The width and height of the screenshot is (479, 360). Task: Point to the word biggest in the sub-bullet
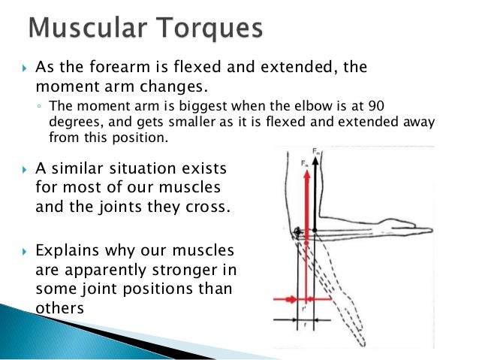[176, 106]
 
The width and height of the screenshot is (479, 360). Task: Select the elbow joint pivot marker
[299, 230]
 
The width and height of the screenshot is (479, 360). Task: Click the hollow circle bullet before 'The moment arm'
[38, 107]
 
